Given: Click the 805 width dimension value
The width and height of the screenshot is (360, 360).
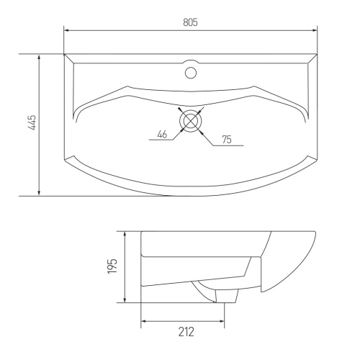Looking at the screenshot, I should click(x=190, y=22).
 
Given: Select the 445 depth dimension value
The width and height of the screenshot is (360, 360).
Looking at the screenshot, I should click(x=32, y=124).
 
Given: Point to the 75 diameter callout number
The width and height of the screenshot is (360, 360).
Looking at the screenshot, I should click(x=226, y=139).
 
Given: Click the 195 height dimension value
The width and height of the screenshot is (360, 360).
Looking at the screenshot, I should click(x=112, y=266).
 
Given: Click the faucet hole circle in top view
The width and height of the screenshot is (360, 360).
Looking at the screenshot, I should click(x=191, y=72).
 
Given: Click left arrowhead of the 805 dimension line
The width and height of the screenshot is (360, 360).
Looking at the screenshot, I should click(x=67, y=30).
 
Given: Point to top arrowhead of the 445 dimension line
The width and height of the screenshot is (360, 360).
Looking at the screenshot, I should click(x=39, y=57).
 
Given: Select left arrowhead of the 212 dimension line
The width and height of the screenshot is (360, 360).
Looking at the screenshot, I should click(x=143, y=320).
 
